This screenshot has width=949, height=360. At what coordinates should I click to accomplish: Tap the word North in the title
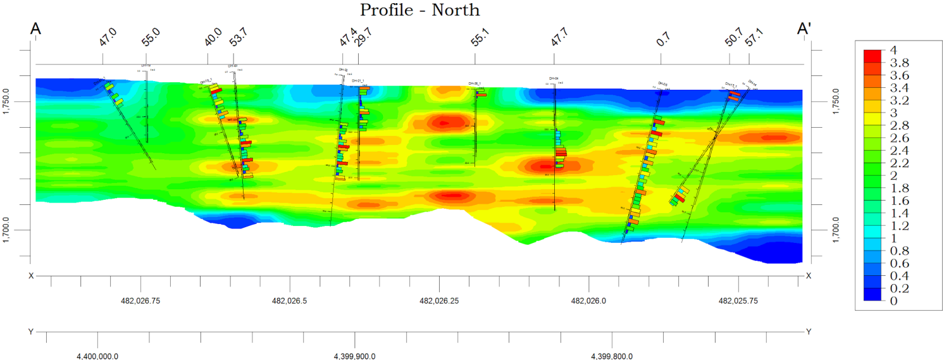tap(456, 10)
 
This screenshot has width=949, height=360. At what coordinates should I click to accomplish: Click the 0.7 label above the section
tap(663, 40)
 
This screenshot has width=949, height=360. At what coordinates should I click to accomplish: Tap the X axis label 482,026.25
tap(440, 301)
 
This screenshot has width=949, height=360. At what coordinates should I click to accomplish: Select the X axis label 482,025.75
tap(738, 301)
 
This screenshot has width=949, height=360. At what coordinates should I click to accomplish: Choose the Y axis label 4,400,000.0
tap(97, 356)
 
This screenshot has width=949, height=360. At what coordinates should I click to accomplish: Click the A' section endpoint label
tap(805, 30)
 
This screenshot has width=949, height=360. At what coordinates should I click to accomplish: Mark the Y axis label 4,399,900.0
tap(354, 356)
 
